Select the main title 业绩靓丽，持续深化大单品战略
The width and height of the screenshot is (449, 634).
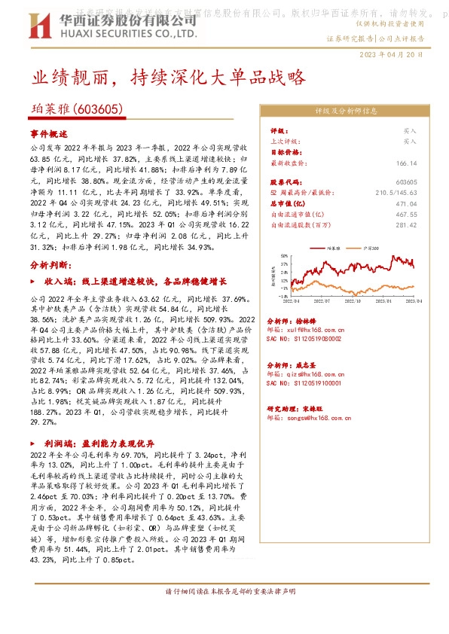[167, 78]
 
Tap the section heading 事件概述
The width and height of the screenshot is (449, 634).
[49, 133]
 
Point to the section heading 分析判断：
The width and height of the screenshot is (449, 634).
[51, 265]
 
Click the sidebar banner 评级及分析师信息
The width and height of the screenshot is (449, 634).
[346, 111]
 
